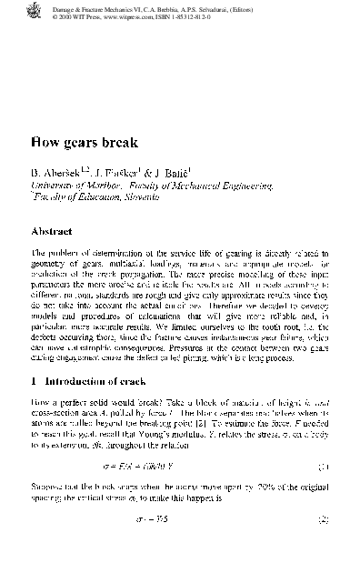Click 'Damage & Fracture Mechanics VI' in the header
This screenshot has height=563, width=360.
click(100, 6)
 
